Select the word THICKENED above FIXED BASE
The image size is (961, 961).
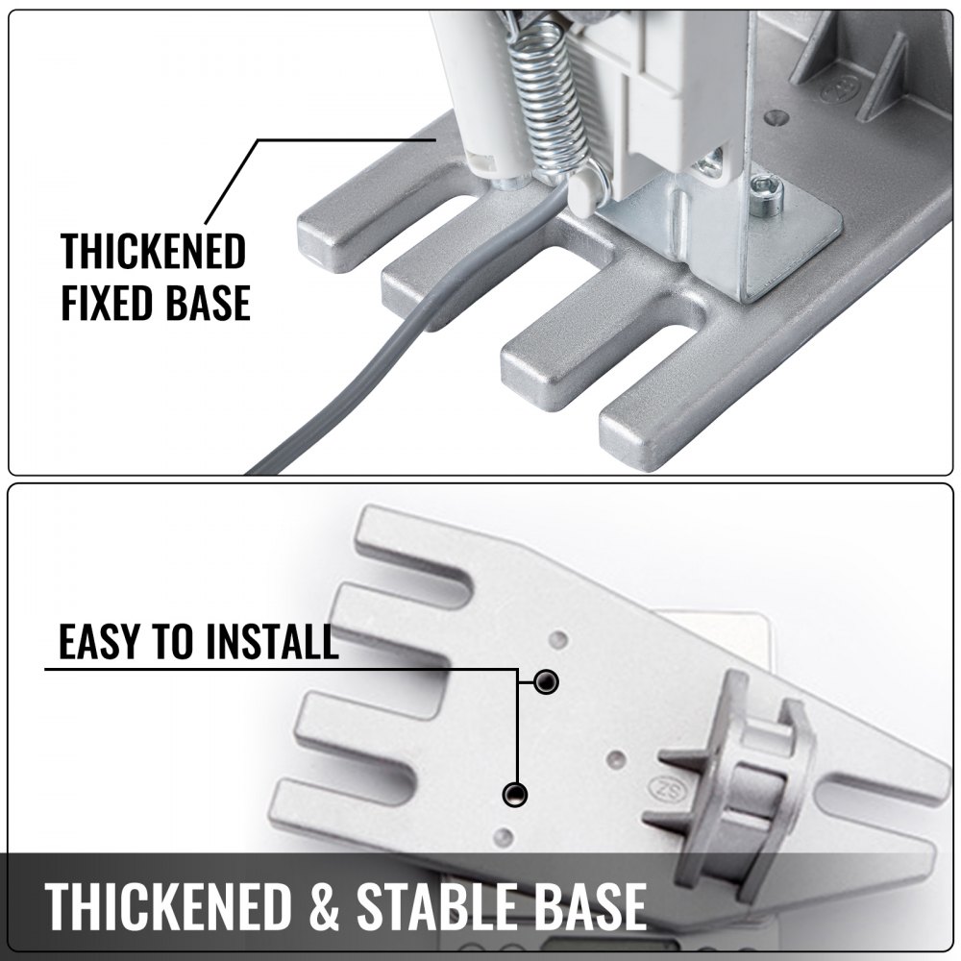point(153,251)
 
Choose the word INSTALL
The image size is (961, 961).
point(272,641)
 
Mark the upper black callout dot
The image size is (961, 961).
point(546,681)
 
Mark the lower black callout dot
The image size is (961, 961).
point(515,795)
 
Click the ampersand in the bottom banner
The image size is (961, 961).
point(324,904)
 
